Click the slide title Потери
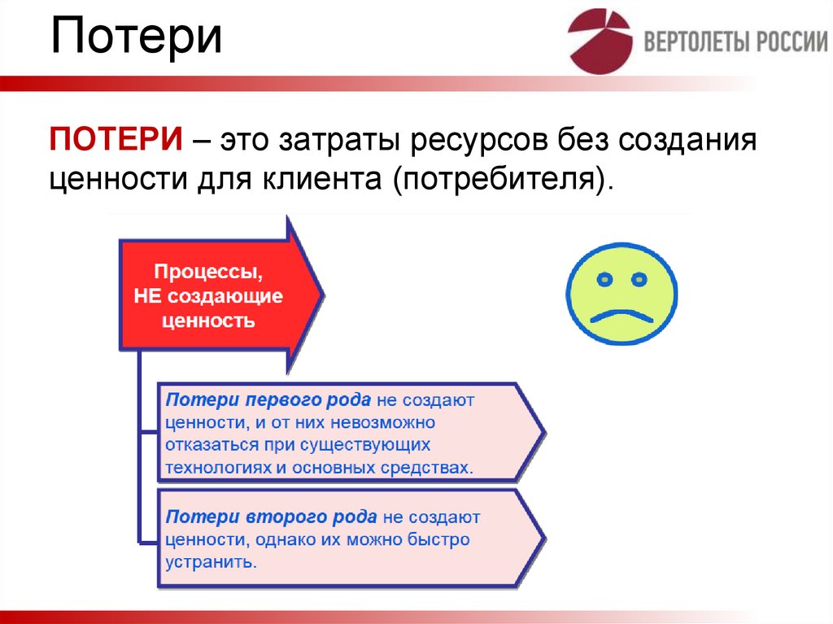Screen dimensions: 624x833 [137, 38]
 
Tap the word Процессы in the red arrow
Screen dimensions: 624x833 [207, 271]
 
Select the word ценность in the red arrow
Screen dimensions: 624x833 [208, 321]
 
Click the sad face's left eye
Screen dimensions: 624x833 [604, 280]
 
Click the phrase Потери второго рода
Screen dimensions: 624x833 [271, 517]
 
